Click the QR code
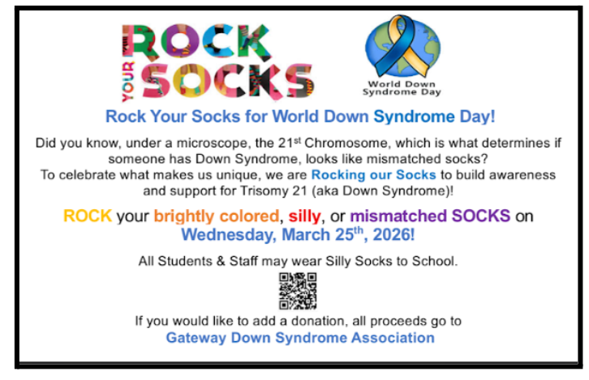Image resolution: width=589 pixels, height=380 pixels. (x=297, y=291)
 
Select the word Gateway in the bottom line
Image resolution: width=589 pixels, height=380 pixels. (x=196, y=338)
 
